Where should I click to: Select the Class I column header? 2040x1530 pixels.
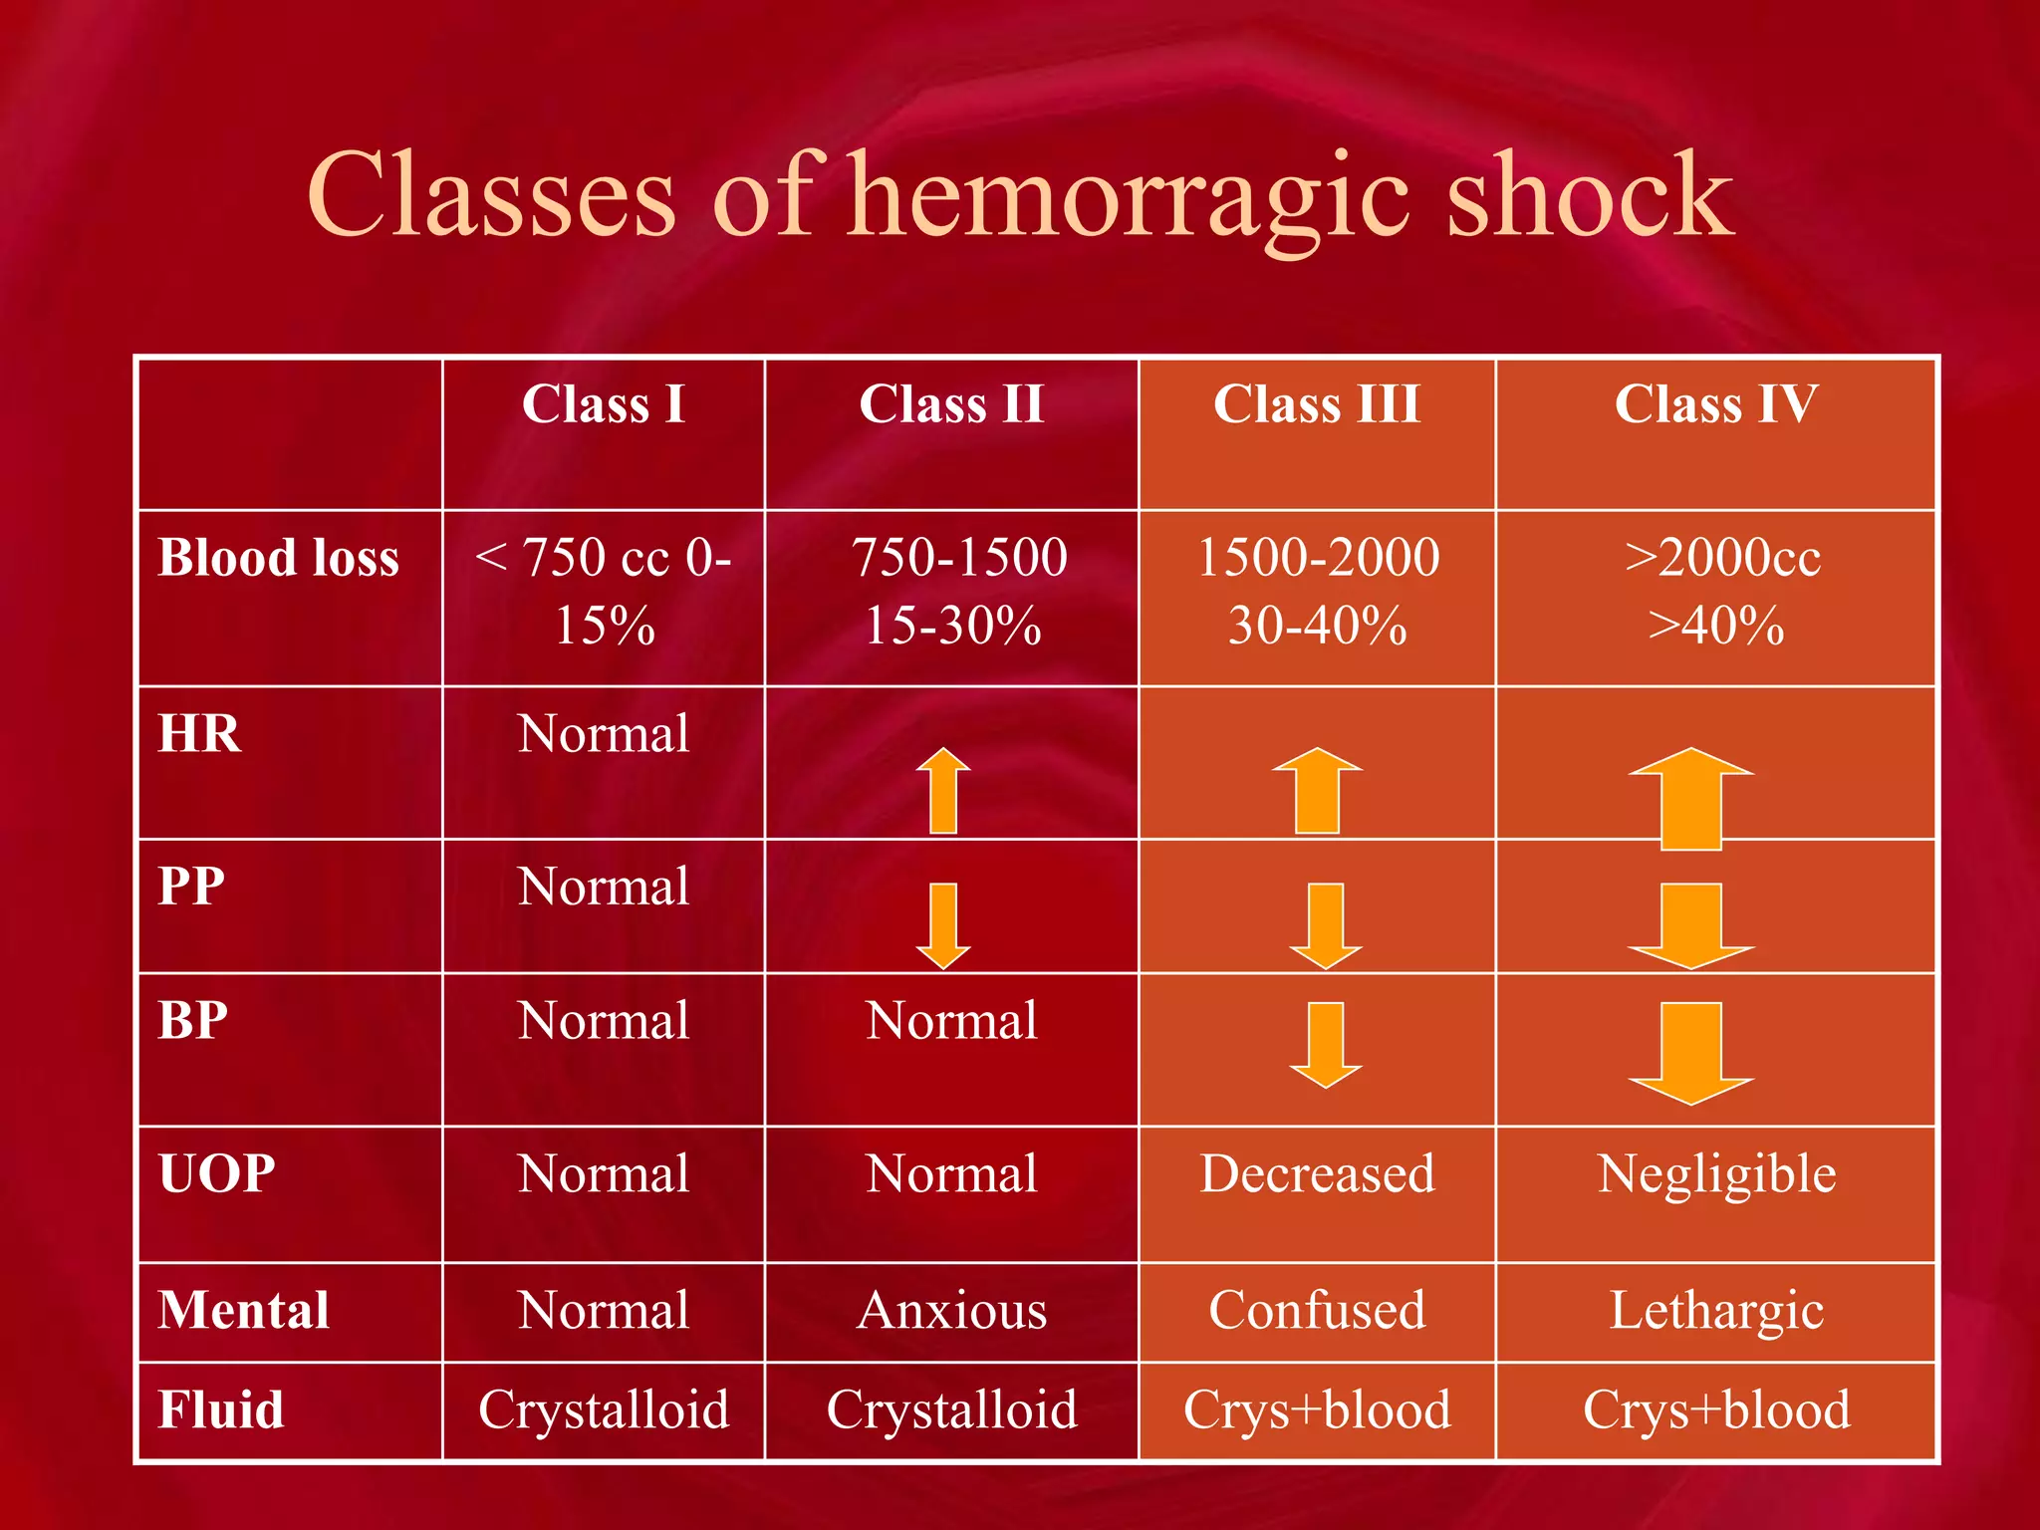(604, 404)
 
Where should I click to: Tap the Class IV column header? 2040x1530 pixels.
(1716, 404)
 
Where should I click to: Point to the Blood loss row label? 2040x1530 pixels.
(279, 557)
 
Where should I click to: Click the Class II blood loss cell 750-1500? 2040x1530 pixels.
(958, 557)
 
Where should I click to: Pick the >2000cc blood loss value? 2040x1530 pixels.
(1722, 557)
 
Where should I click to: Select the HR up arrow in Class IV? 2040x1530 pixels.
(1690, 797)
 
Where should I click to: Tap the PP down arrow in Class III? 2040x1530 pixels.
(1325, 924)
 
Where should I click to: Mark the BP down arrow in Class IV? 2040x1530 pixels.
(1690, 1053)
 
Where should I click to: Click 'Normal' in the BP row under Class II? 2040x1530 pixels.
(951, 1021)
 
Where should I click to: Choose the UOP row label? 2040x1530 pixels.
(217, 1173)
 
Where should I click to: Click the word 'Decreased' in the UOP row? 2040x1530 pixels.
(1317, 1173)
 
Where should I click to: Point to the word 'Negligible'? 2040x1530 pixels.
(1716, 1173)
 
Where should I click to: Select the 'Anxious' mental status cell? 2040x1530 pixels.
(951, 1310)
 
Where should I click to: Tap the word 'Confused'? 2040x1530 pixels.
(1317, 1310)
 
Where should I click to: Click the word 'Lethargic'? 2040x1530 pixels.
(1716, 1310)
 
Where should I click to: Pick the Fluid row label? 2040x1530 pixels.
(221, 1409)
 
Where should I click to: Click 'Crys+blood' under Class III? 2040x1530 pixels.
(1317, 1409)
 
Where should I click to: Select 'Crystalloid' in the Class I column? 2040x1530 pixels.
(604, 1409)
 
